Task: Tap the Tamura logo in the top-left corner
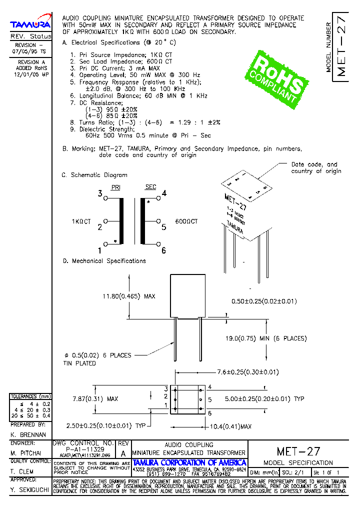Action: point(30,24)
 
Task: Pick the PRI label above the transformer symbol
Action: point(115,187)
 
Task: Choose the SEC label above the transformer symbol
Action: point(150,187)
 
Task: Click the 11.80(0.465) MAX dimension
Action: point(129,296)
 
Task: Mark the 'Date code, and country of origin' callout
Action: point(316,167)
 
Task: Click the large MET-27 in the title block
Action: point(298,451)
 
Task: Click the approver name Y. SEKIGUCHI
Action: point(29,490)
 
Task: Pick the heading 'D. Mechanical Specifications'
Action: point(104,261)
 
